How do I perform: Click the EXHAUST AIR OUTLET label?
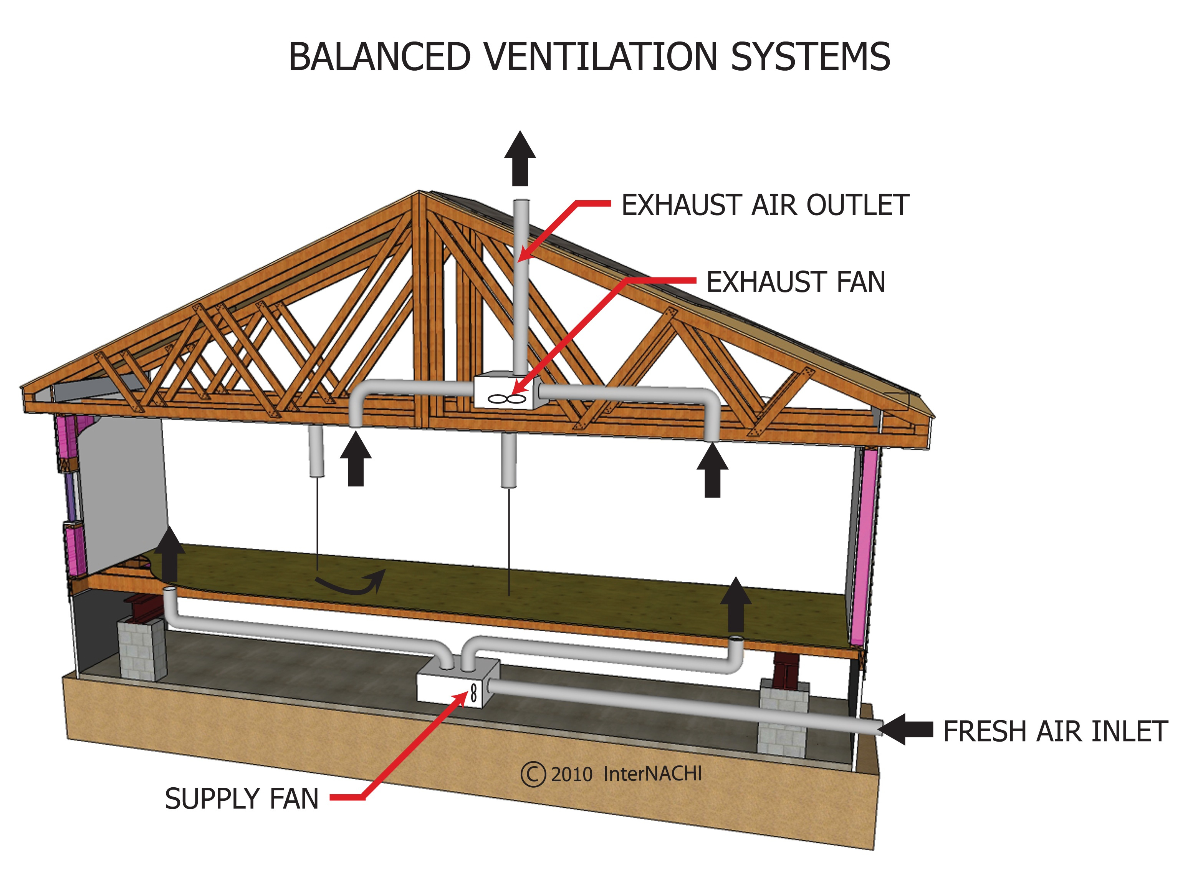tap(764, 205)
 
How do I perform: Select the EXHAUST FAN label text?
tap(796, 282)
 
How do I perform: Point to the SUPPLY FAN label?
tap(242, 798)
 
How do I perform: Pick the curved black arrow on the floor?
tap(351, 583)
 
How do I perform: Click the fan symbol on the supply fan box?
tap(474, 693)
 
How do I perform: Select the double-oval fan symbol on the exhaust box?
tap(506, 399)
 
